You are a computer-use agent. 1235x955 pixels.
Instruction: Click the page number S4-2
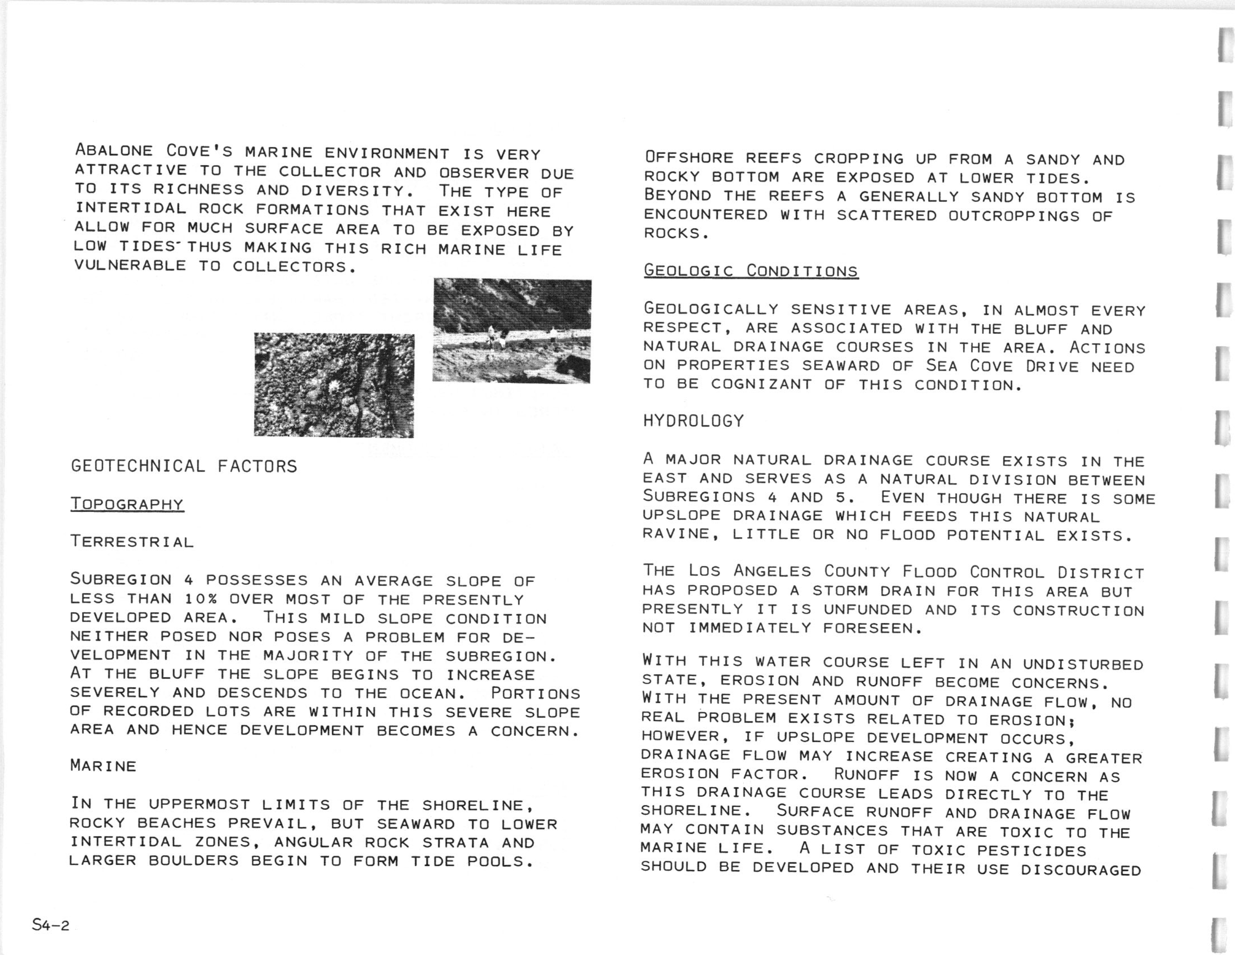click(x=51, y=926)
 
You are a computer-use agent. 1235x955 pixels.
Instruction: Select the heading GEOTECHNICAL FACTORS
click(x=184, y=466)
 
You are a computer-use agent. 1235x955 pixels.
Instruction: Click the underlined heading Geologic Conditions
click(x=751, y=271)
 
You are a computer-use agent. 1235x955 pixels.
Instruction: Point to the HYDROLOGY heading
click(x=694, y=421)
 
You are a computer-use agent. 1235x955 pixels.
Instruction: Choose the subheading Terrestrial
click(x=132, y=542)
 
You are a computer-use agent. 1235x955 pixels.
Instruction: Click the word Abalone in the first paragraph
click(x=114, y=151)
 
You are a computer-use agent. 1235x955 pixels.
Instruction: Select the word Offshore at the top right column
click(x=689, y=157)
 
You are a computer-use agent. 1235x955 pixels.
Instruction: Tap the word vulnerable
click(x=130, y=266)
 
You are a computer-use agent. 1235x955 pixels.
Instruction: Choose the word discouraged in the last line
click(x=1081, y=870)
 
